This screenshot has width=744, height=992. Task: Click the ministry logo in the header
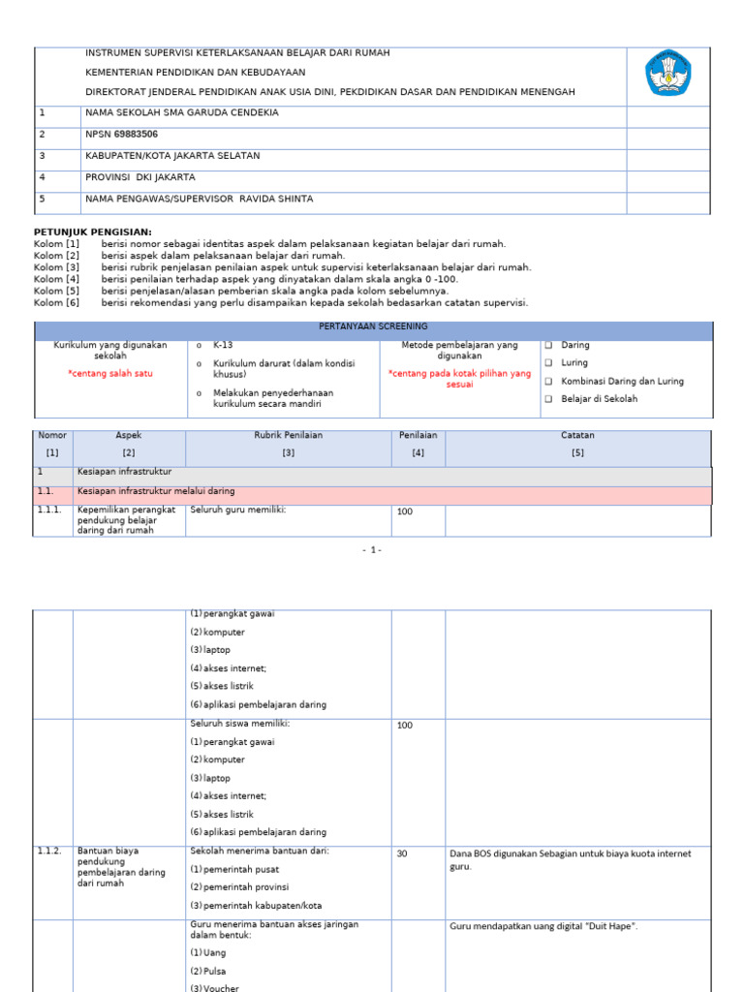click(668, 74)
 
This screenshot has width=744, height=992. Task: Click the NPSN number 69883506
click(136, 135)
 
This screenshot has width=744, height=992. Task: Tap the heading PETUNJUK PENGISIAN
click(93, 232)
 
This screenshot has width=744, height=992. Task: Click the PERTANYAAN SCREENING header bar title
click(373, 327)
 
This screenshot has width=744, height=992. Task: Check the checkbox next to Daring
click(548, 346)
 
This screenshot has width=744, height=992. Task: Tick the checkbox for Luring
click(548, 363)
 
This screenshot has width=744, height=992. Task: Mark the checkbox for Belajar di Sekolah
click(548, 399)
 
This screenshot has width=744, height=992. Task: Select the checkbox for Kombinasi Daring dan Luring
click(548, 382)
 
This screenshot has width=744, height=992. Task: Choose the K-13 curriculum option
click(200, 346)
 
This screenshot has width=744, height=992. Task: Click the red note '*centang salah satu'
click(109, 374)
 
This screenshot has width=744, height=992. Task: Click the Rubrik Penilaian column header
click(289, 436)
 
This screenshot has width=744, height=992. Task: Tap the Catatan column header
click(578, 436)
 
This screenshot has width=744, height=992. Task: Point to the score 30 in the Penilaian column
click(402, 854)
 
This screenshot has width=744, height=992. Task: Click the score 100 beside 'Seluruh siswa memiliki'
click(404, 726)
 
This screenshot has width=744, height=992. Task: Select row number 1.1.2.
click(49, 852)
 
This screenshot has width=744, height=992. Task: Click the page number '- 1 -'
click(373, 550)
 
